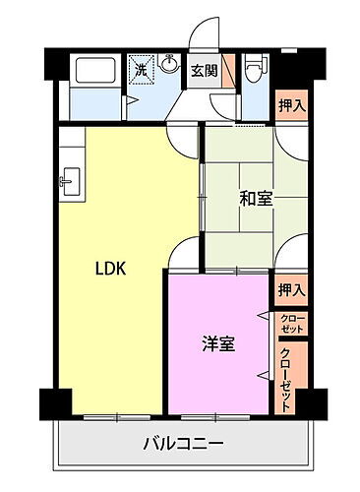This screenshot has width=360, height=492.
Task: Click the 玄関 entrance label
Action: [x=204, y=71]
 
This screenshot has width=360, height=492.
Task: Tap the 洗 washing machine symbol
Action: [x=141, y=71]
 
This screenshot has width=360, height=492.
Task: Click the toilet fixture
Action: [x=254, y=70]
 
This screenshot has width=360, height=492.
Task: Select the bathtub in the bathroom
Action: [x=91, y=73]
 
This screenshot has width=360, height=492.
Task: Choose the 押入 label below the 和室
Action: [x=291, y=289]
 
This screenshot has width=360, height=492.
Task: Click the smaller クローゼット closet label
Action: [x=292, y=322]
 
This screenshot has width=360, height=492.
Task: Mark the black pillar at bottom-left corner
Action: [x=55, y=403]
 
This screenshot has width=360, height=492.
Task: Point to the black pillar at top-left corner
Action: [x=55, y=61]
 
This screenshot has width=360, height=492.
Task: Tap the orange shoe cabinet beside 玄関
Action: [x=227, y=71]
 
